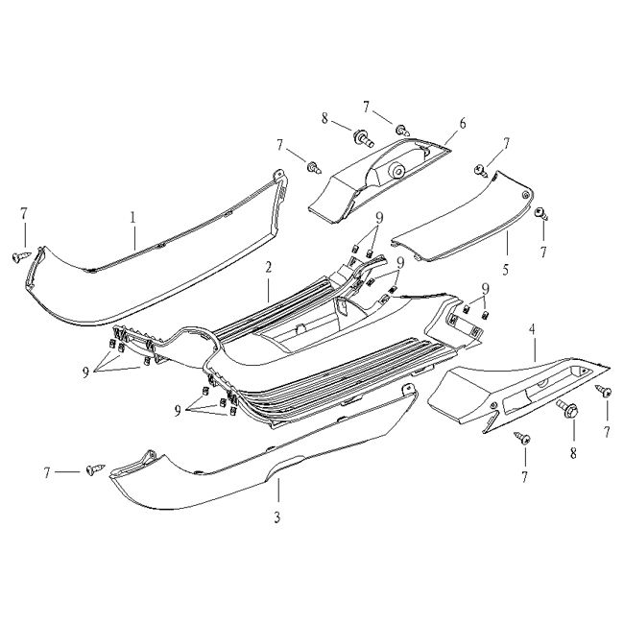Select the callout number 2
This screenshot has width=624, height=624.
coord(270,266)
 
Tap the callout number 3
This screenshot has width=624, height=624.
coord(276,518)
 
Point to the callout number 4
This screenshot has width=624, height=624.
coord(533,331)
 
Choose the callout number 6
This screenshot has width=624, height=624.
coord(462,123)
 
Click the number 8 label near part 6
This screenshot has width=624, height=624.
coord(324,119)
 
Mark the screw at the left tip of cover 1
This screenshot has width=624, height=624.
coord(19,256)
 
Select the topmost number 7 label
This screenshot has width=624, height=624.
coord(366,104)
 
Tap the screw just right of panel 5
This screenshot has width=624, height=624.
coord(540,213)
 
